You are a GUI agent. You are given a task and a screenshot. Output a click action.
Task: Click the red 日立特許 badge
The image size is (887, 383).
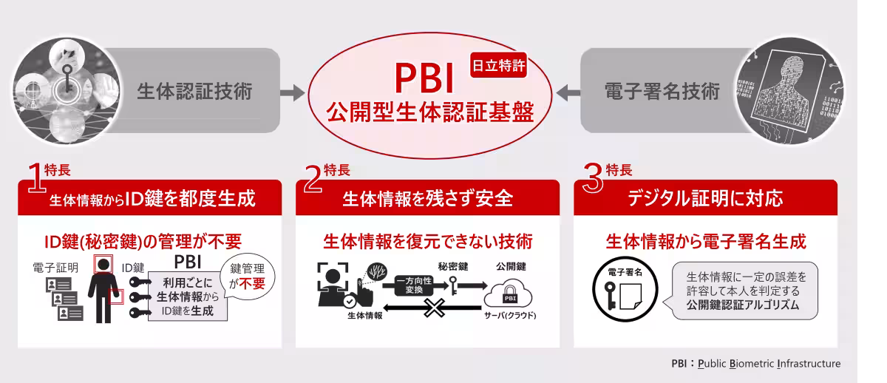(x=498, y=65)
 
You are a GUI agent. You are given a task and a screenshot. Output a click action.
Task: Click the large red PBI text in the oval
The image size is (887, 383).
(x=424, y=78)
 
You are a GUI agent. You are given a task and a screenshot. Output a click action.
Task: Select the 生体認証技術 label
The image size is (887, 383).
(x=194, y=91)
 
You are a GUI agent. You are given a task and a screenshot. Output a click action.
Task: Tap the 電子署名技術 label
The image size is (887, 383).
(x=662, y=91)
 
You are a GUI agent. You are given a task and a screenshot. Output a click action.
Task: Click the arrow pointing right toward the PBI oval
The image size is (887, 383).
(x=292, y=93)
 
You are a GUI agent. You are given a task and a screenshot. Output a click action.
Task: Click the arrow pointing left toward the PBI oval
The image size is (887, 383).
(x=568, y=93)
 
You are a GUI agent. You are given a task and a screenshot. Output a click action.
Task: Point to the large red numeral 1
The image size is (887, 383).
(x=35, y=177)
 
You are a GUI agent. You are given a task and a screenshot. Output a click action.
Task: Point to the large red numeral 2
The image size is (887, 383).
(x=313, y=179)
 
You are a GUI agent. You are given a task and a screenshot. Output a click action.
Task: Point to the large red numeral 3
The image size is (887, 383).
(x=593, y=178)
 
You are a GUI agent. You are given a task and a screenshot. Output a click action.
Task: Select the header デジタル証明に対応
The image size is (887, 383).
(x=705, y=198)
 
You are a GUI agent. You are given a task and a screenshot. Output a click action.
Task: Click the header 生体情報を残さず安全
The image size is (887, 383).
(x=428, y=198)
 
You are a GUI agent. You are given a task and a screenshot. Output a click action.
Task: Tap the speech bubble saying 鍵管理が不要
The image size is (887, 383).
(x=247, y=277)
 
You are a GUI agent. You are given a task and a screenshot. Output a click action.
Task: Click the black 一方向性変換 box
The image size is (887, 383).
(x=414, y=285)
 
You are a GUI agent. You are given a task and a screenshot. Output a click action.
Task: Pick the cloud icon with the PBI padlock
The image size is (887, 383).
(x=509, y=294)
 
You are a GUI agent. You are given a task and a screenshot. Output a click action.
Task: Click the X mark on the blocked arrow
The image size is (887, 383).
(x=435, y=308)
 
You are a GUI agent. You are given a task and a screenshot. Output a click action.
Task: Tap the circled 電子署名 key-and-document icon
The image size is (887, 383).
(x=625, y=289)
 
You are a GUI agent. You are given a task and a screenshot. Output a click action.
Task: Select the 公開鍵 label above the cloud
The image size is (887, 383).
(x=511, y=267)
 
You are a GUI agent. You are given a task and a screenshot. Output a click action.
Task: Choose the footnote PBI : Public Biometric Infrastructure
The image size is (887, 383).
(x=755, y=363)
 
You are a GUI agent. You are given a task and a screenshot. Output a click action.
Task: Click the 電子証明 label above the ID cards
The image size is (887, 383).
(x=55, y=268)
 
